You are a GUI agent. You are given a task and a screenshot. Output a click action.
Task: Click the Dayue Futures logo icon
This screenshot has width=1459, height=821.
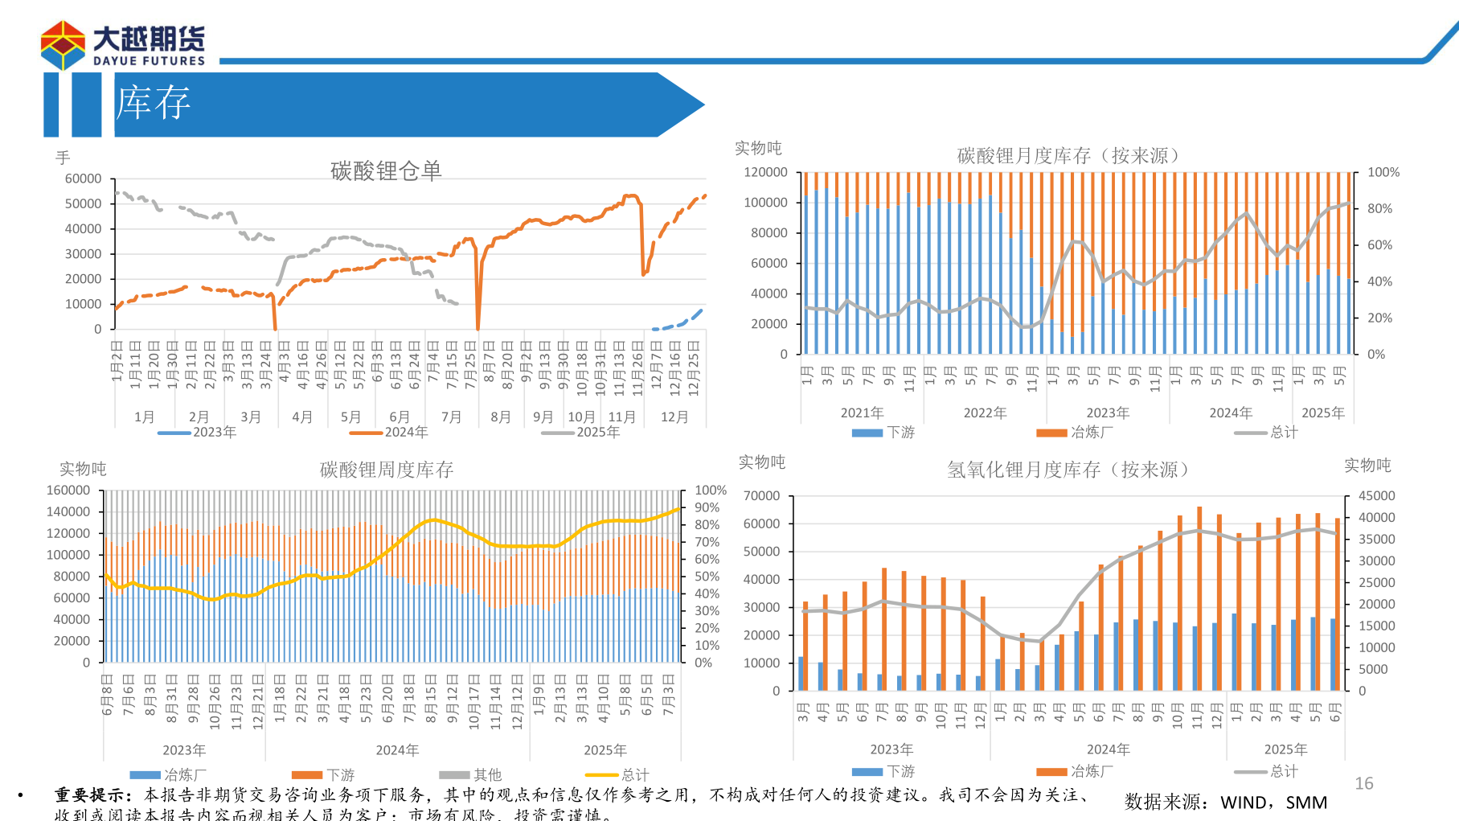point(63,45)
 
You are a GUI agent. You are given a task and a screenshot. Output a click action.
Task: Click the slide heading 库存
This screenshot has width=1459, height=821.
point(153,103)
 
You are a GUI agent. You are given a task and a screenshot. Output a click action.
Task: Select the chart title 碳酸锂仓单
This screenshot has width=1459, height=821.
point(386,170)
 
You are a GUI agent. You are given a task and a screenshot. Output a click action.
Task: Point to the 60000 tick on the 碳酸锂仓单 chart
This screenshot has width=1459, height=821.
point(84,179)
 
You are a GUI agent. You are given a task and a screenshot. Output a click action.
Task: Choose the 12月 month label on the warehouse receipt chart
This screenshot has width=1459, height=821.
point(674,417)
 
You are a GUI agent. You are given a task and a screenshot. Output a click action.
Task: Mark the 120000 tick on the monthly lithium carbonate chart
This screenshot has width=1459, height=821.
point(765,172)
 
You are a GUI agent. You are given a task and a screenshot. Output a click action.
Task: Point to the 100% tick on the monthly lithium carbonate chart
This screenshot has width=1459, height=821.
point(1383,172)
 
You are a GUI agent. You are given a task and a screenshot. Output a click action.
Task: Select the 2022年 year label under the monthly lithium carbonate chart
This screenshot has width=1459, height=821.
point(985,413)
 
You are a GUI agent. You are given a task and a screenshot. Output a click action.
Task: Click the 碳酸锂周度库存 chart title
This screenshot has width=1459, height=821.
point(386,470)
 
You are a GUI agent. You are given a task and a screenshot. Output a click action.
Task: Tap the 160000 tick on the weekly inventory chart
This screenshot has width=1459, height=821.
point(68,490)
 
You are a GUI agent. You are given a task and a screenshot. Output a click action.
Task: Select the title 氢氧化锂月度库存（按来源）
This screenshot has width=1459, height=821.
point(1068,470)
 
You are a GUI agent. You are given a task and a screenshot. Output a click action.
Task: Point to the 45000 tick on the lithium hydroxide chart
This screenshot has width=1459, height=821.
point(1376,495)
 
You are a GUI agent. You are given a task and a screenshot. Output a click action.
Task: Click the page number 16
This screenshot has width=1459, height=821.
point(1364,783)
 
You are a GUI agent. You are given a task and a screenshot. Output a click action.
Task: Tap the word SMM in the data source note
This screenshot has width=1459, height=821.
point(1306,803)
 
